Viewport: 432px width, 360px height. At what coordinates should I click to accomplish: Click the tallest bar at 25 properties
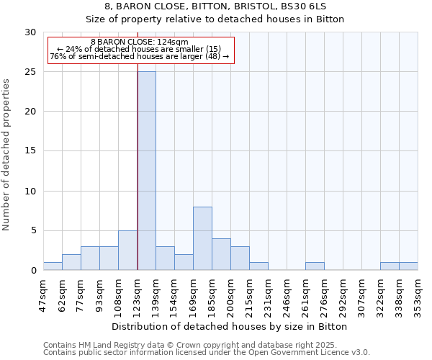pyautogui.click(x=146, y=171)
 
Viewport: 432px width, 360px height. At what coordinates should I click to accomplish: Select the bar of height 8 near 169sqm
pyautogui.click(x=202, y=238)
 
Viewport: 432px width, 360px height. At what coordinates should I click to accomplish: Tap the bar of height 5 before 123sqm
pyautogui.click(x=127, y=251)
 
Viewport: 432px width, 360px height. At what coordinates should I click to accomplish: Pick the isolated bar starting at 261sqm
pyautogui.click(x=315, y=266)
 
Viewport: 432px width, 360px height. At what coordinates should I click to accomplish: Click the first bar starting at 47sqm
pyautogui.click(x=53, y=266)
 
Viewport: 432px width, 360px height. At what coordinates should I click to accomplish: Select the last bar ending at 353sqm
pyautogui.click(x=408, y=266)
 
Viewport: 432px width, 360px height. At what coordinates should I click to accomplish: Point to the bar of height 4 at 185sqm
pyautogui.click(x=221, y=254)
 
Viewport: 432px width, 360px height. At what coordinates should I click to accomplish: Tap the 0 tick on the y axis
pyautogui.click(x=33, y=271)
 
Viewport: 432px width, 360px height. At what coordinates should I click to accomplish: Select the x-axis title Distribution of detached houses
pyautogui.click(x=230, y=326)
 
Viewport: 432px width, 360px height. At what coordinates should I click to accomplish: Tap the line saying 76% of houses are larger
pyautogui.click(x=140, y=56)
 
